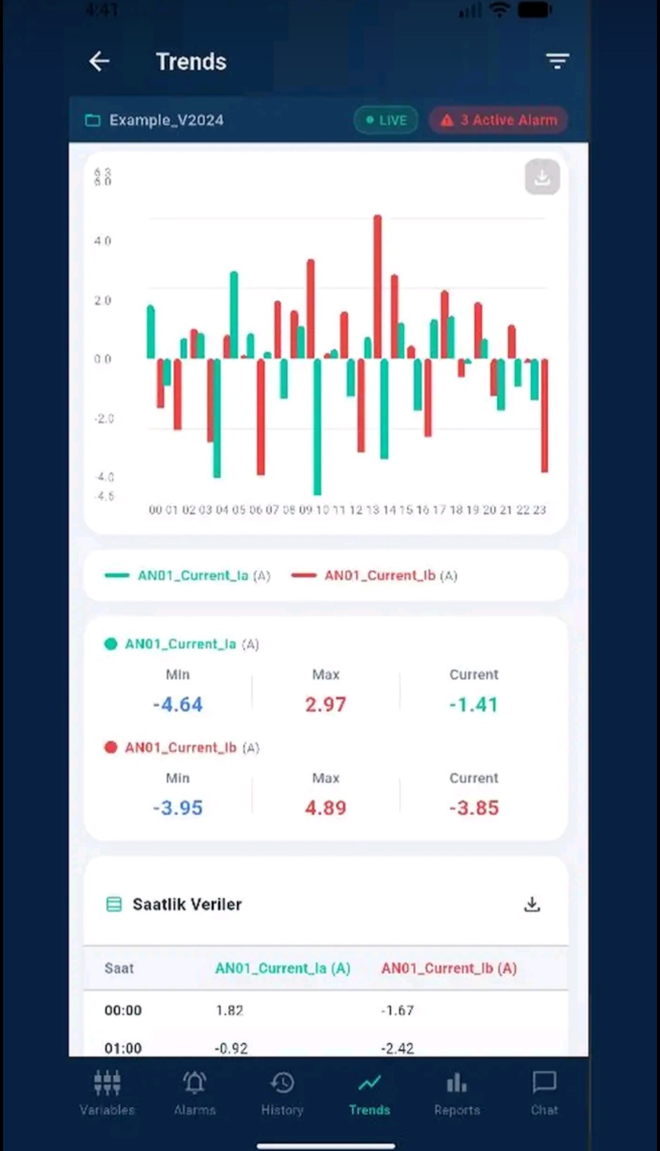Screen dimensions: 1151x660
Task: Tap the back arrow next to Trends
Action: coord(99,61)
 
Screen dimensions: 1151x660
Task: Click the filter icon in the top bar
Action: coord(557,61)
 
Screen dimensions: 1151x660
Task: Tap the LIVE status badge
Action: coord(386,120)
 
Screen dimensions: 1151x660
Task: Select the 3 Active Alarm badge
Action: coord(499,120)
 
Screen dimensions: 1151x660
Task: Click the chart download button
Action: coord(542,177)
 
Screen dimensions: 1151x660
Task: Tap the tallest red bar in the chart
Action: coord(378,286)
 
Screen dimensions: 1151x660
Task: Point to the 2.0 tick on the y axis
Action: coord(103,300)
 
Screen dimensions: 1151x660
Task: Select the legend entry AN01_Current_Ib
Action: coord(380,575)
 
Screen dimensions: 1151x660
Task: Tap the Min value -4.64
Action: coord(178,704)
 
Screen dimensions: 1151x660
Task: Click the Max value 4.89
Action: coord(326,807)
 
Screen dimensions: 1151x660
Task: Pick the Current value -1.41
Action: coord(474,704)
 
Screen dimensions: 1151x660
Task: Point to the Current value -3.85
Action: coord(474,807)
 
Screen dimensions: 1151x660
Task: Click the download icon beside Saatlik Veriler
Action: coord(532,904)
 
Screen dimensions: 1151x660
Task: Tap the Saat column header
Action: coord(119,968)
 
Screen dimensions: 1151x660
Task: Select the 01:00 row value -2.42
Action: coord(397,1048)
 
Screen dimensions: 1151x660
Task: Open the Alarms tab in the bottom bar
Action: coord(194,1093)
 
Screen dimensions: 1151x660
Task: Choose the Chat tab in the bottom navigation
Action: coord(544,1093)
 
